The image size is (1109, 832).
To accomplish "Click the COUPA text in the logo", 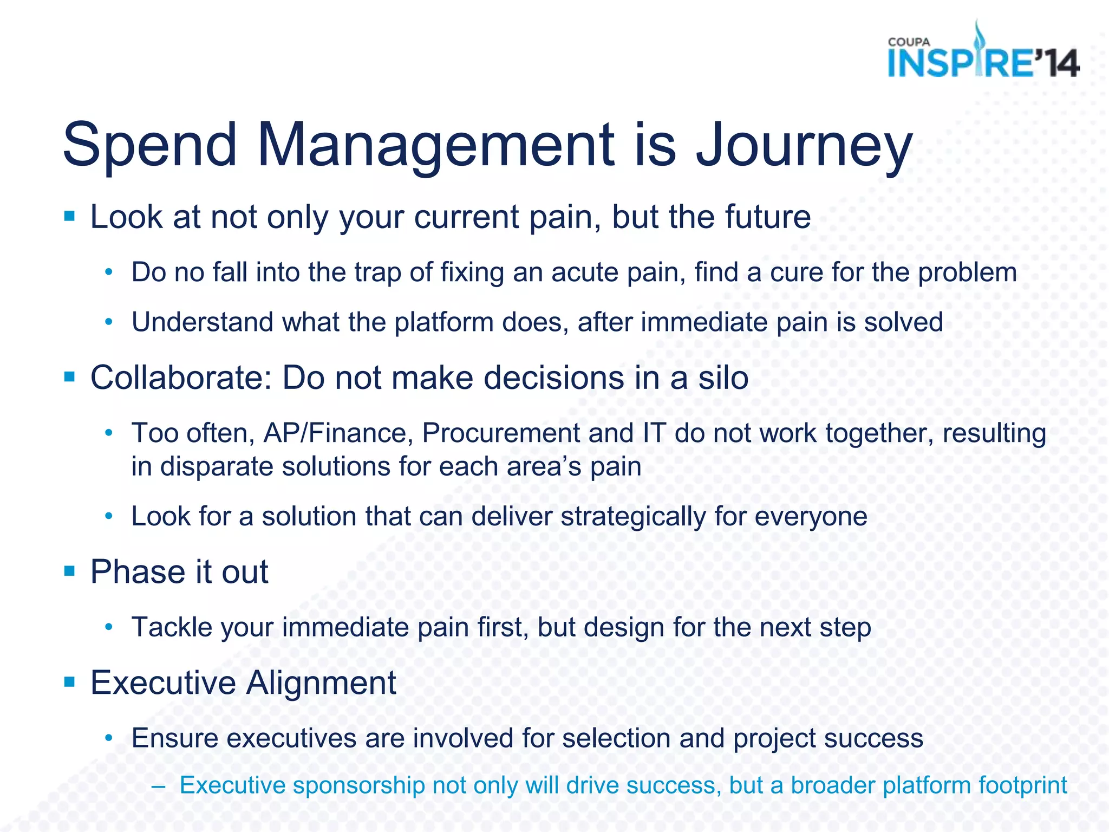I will [909, 42].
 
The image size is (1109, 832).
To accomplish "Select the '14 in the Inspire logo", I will [1056, 63].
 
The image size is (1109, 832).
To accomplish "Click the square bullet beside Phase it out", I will [69, 570].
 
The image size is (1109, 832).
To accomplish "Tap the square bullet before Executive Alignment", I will [69, 681].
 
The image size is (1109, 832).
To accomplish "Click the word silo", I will [723, 378].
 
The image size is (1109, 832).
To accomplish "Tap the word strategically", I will [633, 517].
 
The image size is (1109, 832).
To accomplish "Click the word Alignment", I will [321, 682].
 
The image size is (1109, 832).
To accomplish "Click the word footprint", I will [1023, 786].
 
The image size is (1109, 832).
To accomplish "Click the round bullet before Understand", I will [109, 322].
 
